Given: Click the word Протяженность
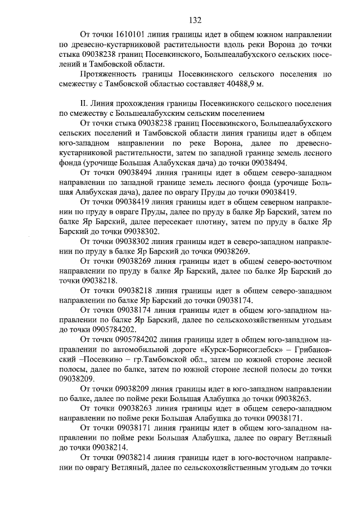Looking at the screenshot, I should (x=111, y=74).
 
